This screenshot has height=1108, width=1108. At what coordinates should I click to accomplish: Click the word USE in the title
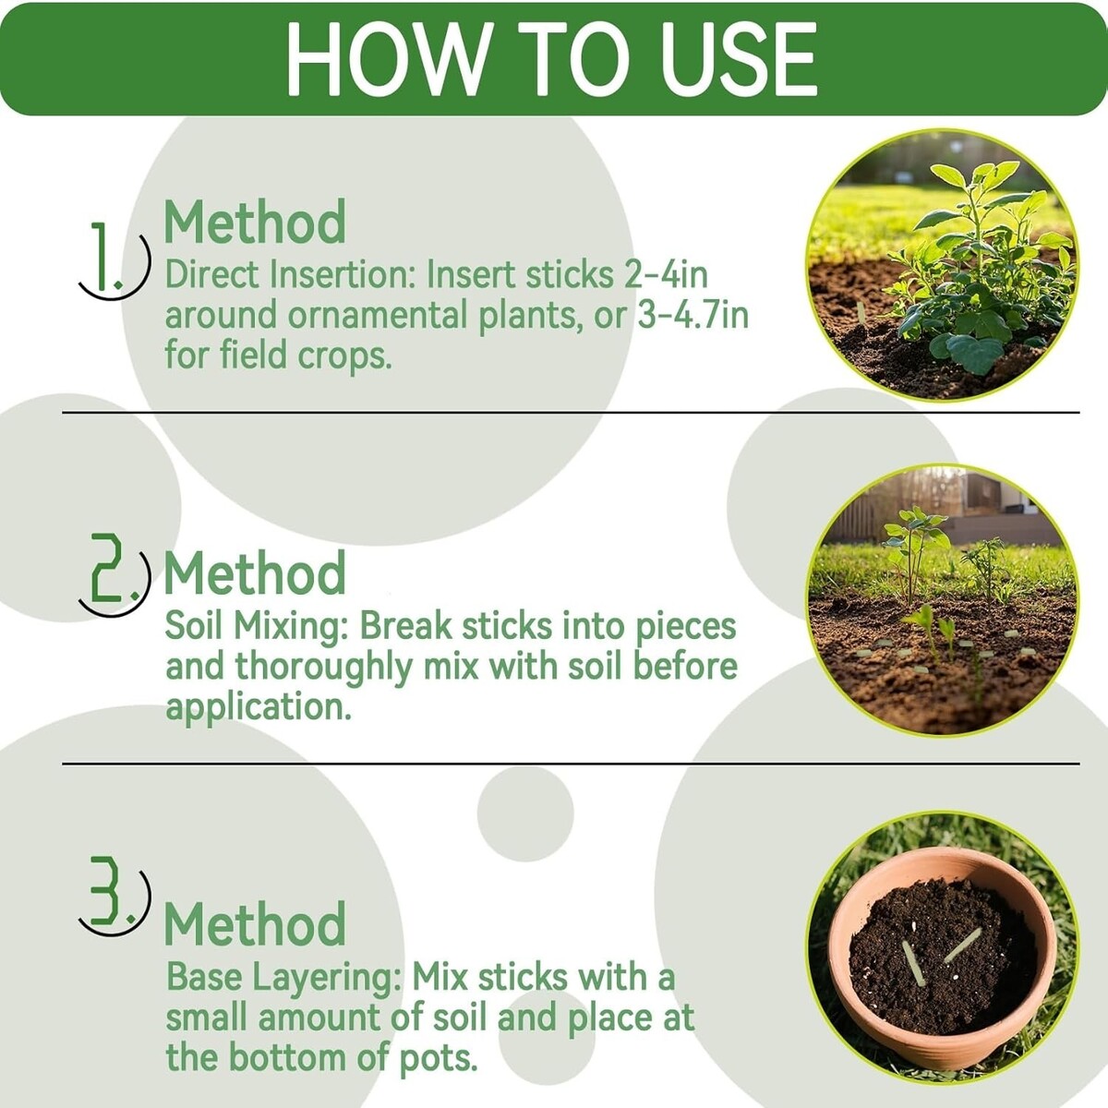(x=739, y=59)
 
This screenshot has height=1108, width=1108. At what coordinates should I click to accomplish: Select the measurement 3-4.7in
(x=692, y=316)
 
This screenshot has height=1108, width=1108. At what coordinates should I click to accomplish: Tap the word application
(x=259, y=707)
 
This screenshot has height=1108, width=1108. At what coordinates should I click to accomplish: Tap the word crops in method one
(x=344, y=357)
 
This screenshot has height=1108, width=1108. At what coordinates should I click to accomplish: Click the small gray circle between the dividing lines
(x=525, y=813)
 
